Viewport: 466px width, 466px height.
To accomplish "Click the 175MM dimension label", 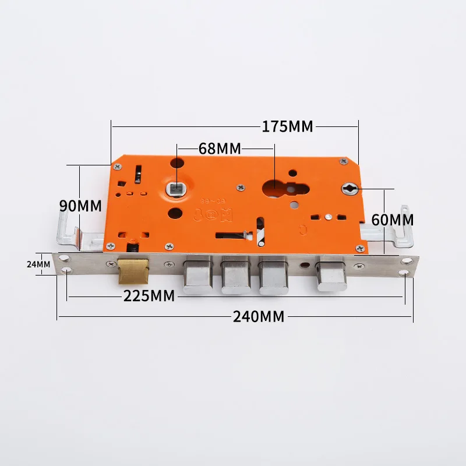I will click(x=287, y=126).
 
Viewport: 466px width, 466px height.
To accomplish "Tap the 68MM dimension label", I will click(x=220, y=148).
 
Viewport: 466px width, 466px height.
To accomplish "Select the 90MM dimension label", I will click(x=80, y=206).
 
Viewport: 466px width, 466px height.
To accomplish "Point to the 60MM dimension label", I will click(x=393, y=220).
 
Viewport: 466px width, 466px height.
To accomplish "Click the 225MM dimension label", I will click(x=149, y=296).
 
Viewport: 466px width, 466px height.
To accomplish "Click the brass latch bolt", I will click(x=133, y=271).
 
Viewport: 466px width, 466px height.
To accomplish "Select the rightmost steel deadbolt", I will click(x=331, y=276).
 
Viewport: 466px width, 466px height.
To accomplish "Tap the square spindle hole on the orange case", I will click(x=175, y=188).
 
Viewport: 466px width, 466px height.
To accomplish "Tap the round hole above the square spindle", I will click(x=177, y=165).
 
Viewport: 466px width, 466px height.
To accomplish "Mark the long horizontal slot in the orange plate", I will click(x=230, y=236).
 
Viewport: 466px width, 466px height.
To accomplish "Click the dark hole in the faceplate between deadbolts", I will click(x=303, y=265).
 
